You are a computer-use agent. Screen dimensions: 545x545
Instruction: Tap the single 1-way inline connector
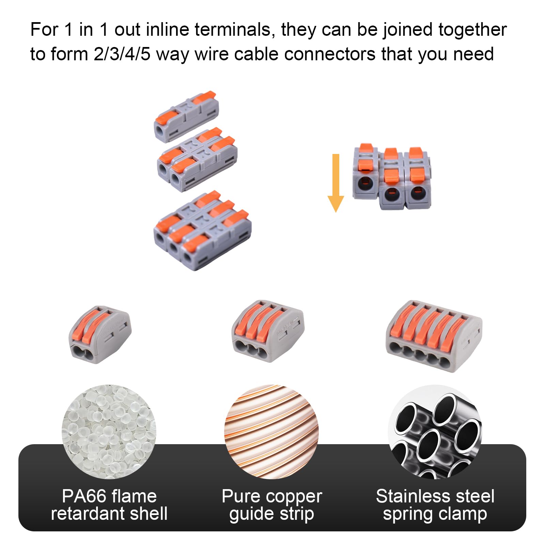186,116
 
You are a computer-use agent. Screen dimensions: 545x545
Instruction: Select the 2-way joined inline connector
197,160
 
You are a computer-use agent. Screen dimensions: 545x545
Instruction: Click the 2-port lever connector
100,335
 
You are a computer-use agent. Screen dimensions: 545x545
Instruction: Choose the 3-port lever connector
267,331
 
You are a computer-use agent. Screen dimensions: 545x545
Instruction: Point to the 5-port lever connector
433,336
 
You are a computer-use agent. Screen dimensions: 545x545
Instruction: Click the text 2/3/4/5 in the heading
122,54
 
